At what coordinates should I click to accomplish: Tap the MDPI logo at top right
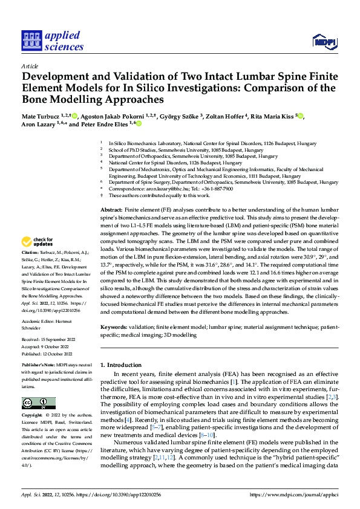click(x=324, y=41)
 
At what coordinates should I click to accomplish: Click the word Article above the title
click(x=30, y=66)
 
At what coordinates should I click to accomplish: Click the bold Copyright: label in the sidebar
click(x=33, y=417)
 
